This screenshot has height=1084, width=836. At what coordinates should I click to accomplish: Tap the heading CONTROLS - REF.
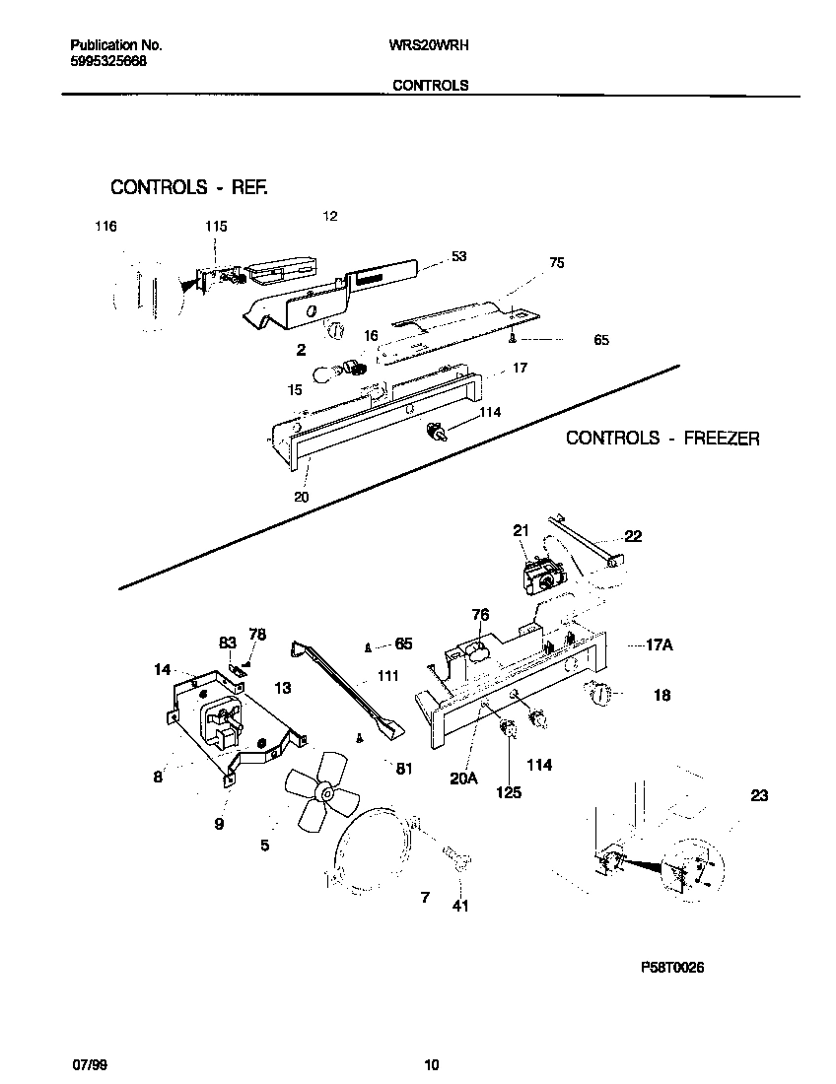189,186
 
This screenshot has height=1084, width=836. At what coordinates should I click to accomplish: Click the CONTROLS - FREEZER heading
662,438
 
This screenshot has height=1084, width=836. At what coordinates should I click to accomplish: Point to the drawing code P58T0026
672,968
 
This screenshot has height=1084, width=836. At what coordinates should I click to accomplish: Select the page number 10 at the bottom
431,1064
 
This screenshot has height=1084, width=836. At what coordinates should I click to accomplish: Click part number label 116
105,227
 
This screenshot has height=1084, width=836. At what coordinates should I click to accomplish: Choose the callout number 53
458,256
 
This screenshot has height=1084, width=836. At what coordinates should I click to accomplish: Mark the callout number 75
557,263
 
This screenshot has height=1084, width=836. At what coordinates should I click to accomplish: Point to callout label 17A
659,646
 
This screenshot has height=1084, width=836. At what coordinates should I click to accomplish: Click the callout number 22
633,536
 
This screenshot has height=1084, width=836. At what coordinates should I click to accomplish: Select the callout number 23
759,796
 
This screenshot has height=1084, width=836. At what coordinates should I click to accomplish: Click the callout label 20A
463,778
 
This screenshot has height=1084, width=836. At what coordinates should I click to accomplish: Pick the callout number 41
460,906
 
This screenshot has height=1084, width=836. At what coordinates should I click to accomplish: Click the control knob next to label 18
598,696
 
